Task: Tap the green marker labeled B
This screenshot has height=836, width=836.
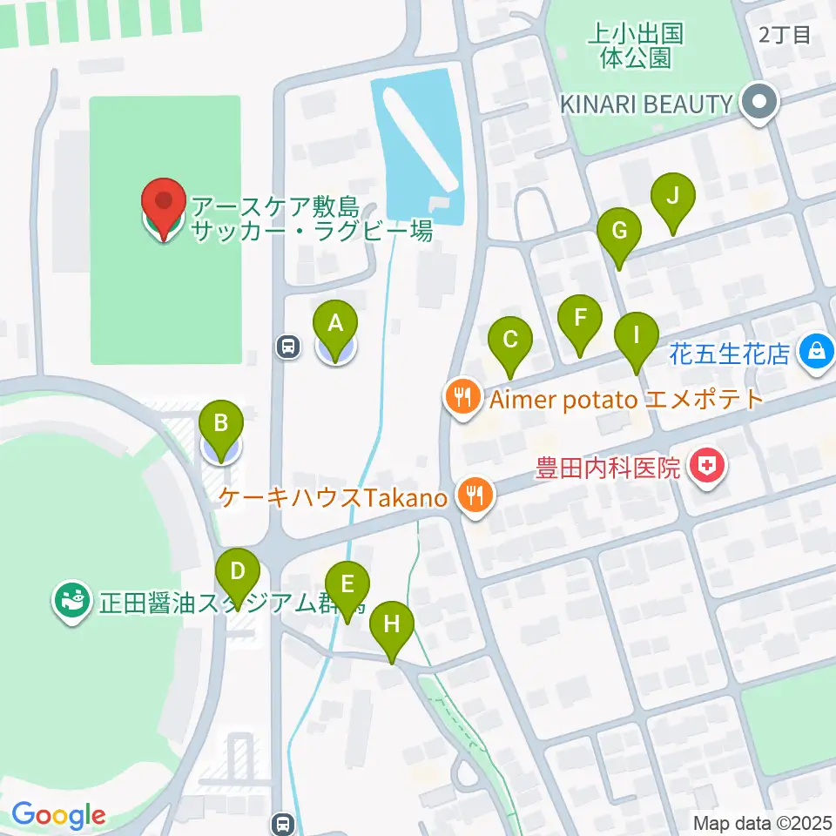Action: pos(221,424)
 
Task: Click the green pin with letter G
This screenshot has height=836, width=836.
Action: pos(619,232)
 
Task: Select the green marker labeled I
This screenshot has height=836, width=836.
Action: pos(636,334)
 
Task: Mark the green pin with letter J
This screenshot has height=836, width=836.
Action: pos(672,197)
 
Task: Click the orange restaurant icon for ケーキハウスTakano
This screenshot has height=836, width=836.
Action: pos(475,497)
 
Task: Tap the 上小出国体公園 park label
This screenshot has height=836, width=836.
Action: pos(636,46)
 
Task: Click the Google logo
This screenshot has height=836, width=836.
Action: pos(58,816)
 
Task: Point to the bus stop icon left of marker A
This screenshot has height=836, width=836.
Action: pos(287,347)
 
